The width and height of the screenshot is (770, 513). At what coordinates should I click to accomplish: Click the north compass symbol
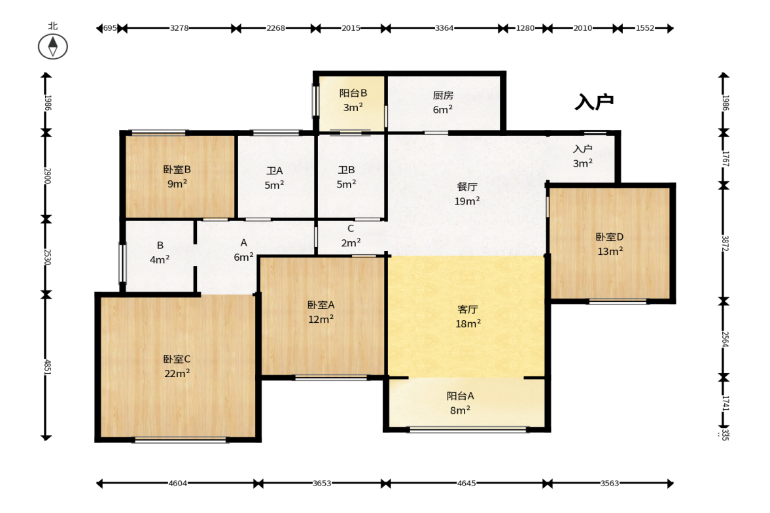[x=52, y=46]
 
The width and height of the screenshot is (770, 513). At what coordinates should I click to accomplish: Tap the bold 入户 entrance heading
[x=594, y=102]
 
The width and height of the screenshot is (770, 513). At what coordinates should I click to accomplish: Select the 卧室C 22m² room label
[x=177, y=367]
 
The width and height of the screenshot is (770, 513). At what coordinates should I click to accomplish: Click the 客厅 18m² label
[x=468, y=317]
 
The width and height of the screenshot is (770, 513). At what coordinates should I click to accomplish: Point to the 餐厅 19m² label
[x=467, y=193]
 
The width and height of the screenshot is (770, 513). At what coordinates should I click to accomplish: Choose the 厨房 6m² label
[x=442, y=103]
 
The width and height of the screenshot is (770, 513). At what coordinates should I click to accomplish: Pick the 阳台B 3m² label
[x=353, y=100]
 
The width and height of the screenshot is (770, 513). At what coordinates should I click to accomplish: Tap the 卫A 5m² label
[x=275, y=178]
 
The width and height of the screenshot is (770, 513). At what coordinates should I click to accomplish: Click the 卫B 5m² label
[x=346, y=177]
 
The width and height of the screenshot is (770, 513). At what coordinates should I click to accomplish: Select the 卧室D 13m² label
[x=610, y=244]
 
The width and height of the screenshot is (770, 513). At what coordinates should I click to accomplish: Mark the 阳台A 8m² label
[x=460, y=403]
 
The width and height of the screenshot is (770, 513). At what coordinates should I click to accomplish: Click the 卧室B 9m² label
[x=177, y=176]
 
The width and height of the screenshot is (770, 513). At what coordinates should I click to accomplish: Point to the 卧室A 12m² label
[x=321, y=312]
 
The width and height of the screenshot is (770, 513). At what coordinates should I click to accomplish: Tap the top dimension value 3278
[x=179, y=28]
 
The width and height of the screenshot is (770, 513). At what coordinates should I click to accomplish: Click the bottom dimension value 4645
[x=466, y=483]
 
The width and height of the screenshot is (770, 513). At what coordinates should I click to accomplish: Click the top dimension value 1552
[x=645, y=28]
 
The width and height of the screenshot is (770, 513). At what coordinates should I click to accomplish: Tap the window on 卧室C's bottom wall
[x=181, y=440]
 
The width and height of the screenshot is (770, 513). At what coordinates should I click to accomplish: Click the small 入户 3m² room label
[x=583, y=156]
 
